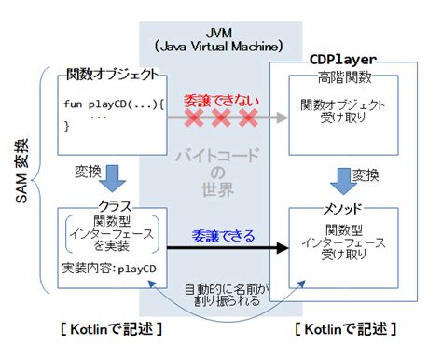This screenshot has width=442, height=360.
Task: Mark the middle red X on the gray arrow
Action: click(221, 118)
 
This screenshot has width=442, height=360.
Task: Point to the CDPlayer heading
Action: click(343, 59)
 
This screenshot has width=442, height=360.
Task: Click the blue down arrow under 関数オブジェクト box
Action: click(110, 175)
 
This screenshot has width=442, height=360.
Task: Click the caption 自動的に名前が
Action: click(227, 290)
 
